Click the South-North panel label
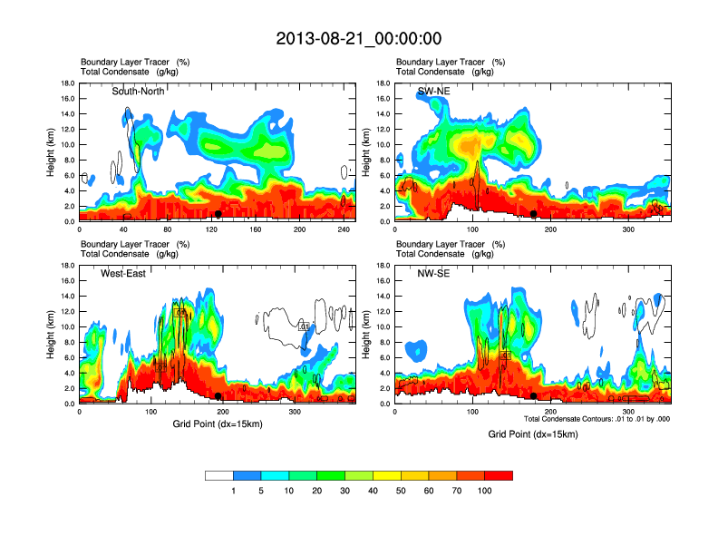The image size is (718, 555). click(x=138, y=92)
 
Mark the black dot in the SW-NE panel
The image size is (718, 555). click(x=534, y=214)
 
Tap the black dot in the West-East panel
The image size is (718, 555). click(x=218, y=396)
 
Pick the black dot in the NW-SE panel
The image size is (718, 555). click(x=534, y=396)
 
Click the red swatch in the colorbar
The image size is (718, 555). click(x=499, y=475)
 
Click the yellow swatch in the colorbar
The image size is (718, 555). click(x=387, y=475)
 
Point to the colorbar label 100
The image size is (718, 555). click(x=485, y=491)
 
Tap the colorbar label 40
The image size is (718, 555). click(x=373, y=491)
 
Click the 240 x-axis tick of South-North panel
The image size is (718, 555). click(x=344, y=229)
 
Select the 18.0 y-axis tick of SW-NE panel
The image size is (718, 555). click(x=383, y=83)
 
